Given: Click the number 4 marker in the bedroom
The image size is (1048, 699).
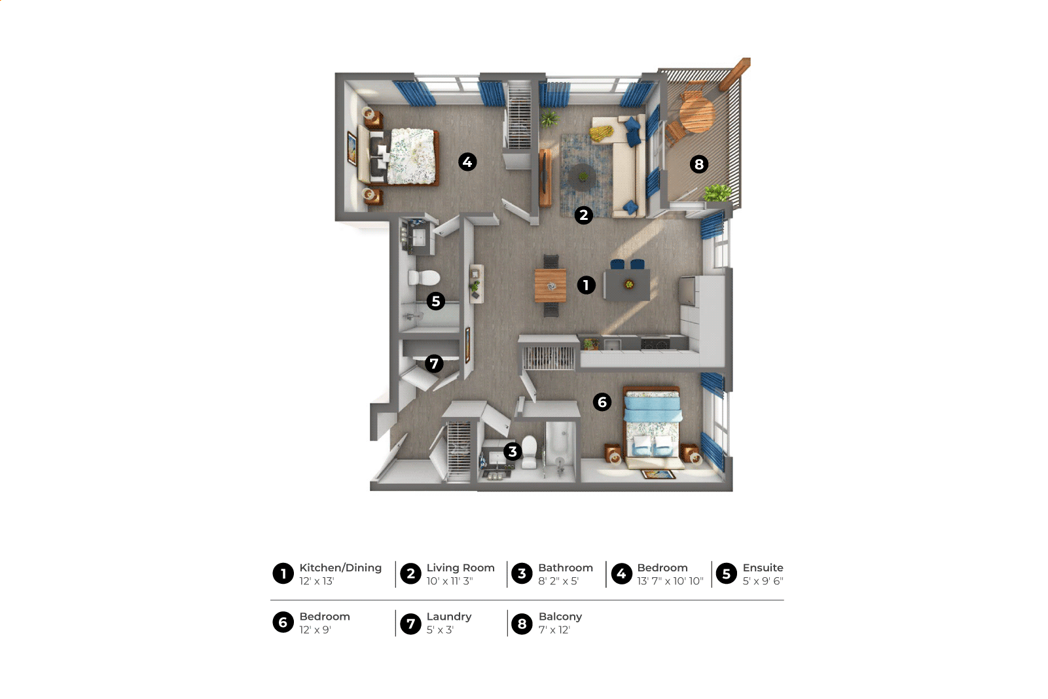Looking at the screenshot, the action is (x=467, y=162).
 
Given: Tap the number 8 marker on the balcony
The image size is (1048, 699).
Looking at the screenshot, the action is (x=699, y=164).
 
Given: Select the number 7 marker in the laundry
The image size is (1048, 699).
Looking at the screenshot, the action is (x=434, y=363).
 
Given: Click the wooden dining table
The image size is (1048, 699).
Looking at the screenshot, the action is (x=551, y=285).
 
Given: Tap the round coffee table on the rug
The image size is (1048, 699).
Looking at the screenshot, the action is (x=582, y=177).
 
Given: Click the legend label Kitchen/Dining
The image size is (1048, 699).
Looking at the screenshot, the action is (x=340, y=568).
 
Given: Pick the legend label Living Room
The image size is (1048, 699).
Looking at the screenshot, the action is (x=460, y=568).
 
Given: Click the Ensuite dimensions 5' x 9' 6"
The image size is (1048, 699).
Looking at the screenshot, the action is (x=763, y=581).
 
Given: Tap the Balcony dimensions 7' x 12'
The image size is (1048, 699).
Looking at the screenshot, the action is (x=554, y=630).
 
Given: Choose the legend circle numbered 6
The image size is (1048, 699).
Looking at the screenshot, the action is (x=283, y=622).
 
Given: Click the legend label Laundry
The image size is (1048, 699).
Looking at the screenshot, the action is (x=449, y=617).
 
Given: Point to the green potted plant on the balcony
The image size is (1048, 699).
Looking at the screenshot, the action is (x=717, y=192).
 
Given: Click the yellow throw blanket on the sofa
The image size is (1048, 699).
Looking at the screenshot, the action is (x=601, y=133).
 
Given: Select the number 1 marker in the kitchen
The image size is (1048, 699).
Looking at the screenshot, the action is (x=587, y=285).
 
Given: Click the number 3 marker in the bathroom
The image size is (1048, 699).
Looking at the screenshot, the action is (x=513, y=452).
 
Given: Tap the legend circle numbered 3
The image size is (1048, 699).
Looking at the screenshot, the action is (x=522, y=573).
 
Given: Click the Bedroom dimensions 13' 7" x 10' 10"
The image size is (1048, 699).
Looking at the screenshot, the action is (x=670, y=581).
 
